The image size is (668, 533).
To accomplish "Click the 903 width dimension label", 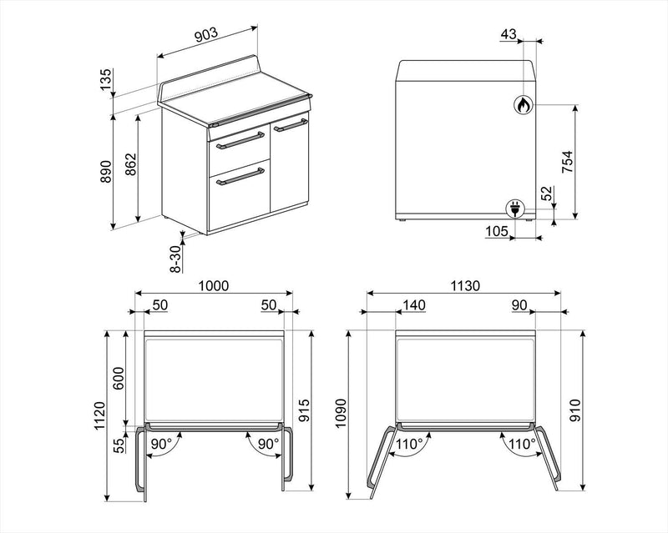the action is tap(206, 35).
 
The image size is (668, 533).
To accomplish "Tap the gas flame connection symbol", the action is tap(523, 104).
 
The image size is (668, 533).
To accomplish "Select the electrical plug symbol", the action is tap(514, 209).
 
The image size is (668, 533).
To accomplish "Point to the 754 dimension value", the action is tap(568, 162).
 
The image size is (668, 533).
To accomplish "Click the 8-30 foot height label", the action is tap(175, 259).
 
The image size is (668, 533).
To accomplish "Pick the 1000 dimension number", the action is tap(214, 285).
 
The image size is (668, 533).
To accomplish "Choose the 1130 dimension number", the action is tap(465, 285).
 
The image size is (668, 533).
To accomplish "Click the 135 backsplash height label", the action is tap(105, 79).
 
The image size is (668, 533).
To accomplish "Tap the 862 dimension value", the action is tap(130, 164).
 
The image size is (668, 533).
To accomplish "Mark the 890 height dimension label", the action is tap(105, 172).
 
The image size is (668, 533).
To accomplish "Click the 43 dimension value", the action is tap(509, 34).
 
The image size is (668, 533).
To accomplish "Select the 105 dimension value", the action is tap(497, 231).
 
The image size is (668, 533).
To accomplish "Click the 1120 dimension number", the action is tap(99, 416).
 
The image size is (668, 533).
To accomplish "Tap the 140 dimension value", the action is tap(414, 304).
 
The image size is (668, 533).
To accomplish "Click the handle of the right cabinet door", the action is tap(290, 125).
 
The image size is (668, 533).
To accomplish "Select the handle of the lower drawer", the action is tap(240, 177).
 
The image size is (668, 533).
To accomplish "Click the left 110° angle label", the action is tap(408, 445).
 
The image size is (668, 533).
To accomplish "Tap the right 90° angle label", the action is tap(269, 444).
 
